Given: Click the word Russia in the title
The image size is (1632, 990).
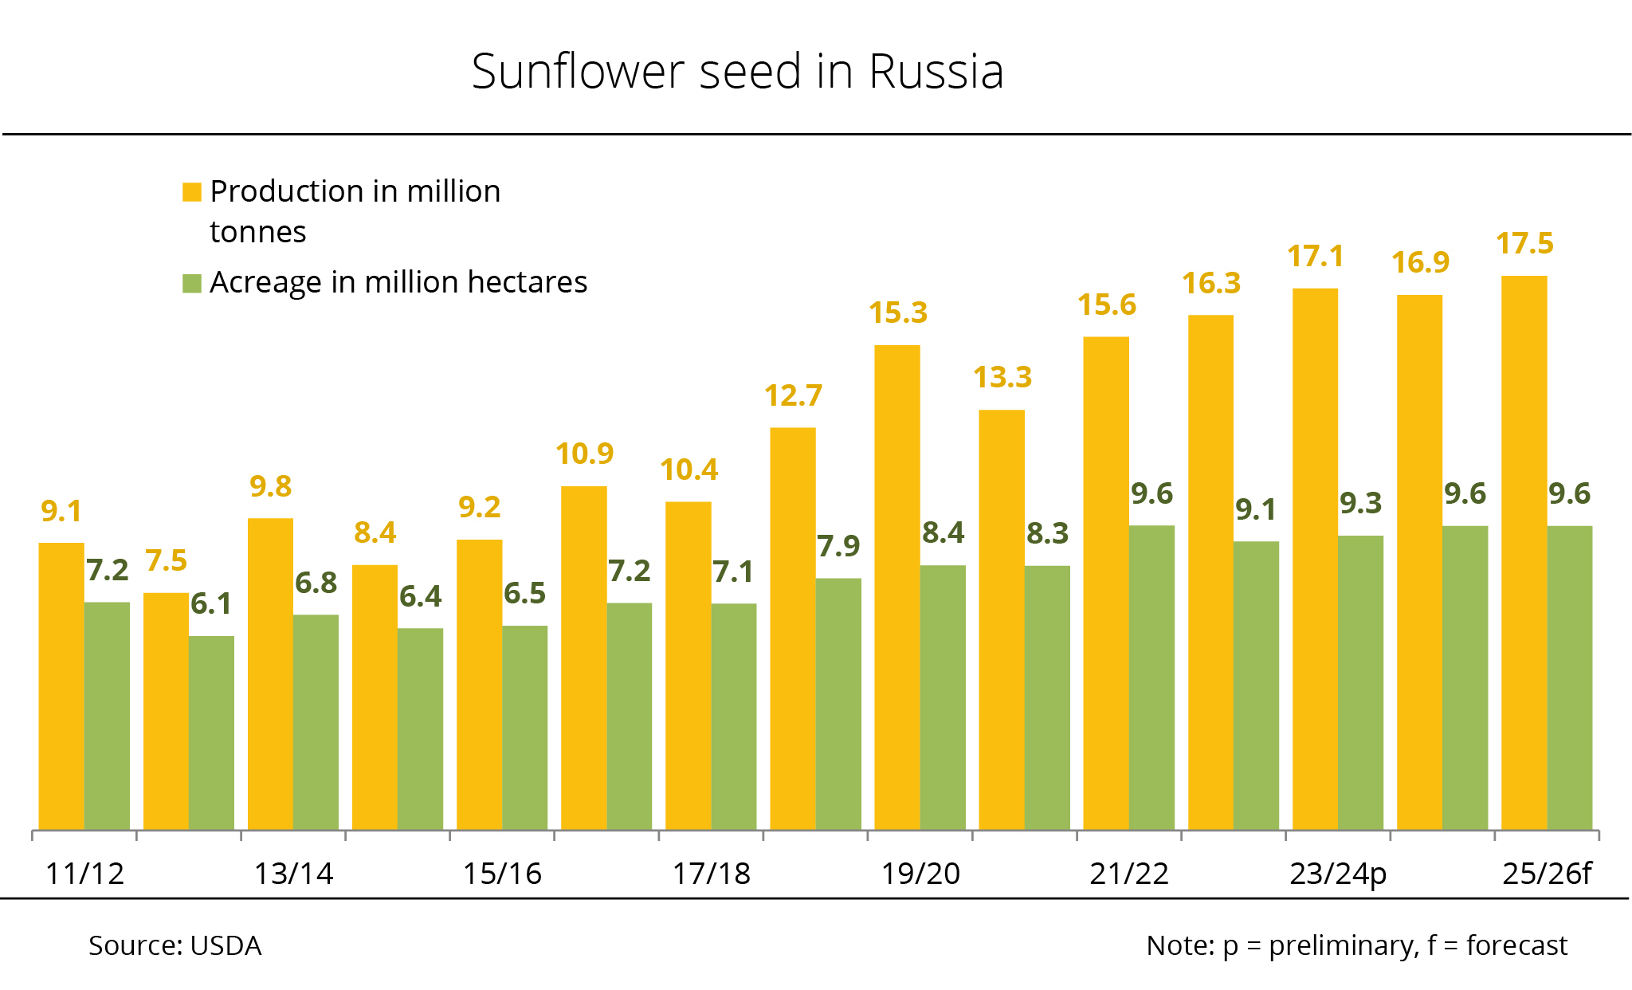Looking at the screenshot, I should click(936, 72).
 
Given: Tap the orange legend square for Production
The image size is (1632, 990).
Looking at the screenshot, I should click(192, 192).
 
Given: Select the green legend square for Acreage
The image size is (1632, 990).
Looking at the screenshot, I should click(192, 283).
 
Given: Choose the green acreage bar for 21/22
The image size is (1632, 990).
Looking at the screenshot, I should click(1151, 677).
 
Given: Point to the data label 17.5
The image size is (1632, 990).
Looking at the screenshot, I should click(1524, 244).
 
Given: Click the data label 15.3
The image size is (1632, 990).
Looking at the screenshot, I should click(898, 313).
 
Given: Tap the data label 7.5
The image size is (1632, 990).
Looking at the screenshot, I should click(166, 561).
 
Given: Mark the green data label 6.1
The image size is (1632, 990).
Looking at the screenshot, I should click(211, 604).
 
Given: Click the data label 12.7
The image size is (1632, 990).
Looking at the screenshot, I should click(793, 396).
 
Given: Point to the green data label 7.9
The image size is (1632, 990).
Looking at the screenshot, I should click(838, 547).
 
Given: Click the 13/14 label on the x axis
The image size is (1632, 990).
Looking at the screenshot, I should click(293, 874).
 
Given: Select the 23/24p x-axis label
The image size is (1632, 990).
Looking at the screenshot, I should click(1338, 874).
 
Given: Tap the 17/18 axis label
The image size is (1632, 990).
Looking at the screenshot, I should click(711, 874).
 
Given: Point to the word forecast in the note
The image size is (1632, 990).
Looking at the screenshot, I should click(1516, 946).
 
